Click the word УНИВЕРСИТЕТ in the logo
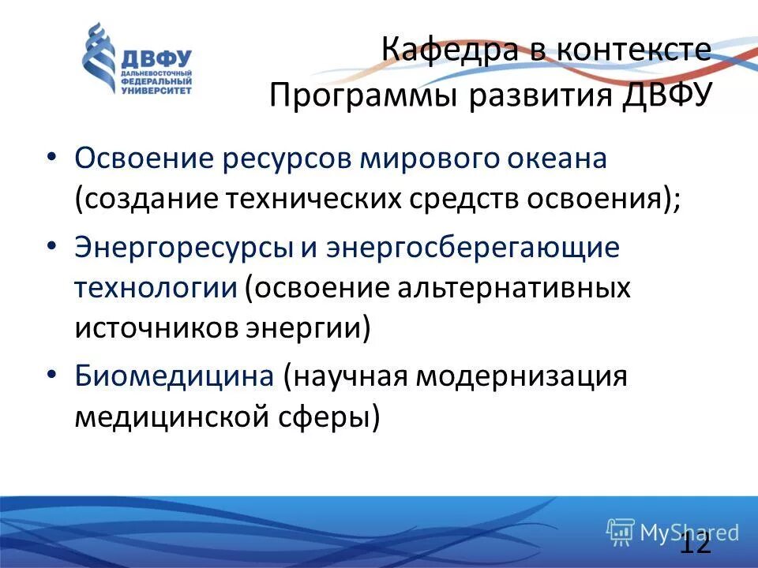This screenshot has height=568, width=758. point(156,91)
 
